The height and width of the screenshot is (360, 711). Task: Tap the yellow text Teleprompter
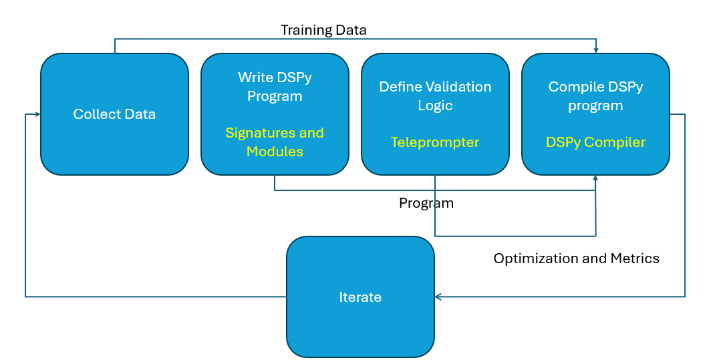click(x=435, y=142)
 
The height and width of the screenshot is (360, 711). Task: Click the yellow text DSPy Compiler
click(x=595, y=142)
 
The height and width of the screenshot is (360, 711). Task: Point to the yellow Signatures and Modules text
click(x=275, y=142)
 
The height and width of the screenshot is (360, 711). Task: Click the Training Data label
click(x=323, y=30)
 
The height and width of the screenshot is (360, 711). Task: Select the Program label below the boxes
click(x=426, y=203)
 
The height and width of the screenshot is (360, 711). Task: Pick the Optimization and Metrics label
click(x=576, y=258)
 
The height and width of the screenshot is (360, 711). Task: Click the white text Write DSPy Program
click(x=275, y=87)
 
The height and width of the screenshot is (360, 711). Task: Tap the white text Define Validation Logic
click(x=435, y=96)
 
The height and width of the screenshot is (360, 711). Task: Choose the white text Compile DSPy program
click(x=595, y=96)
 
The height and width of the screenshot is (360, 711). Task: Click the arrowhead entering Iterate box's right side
click(x=438, y=297)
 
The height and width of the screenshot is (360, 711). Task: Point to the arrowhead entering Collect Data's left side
click(x=37, y=114)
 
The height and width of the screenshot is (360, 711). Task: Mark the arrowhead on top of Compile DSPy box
click(x=595, y=50)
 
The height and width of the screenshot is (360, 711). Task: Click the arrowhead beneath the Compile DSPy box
click(x=595, y=178)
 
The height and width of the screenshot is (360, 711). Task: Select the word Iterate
click(x=360, y=297)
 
